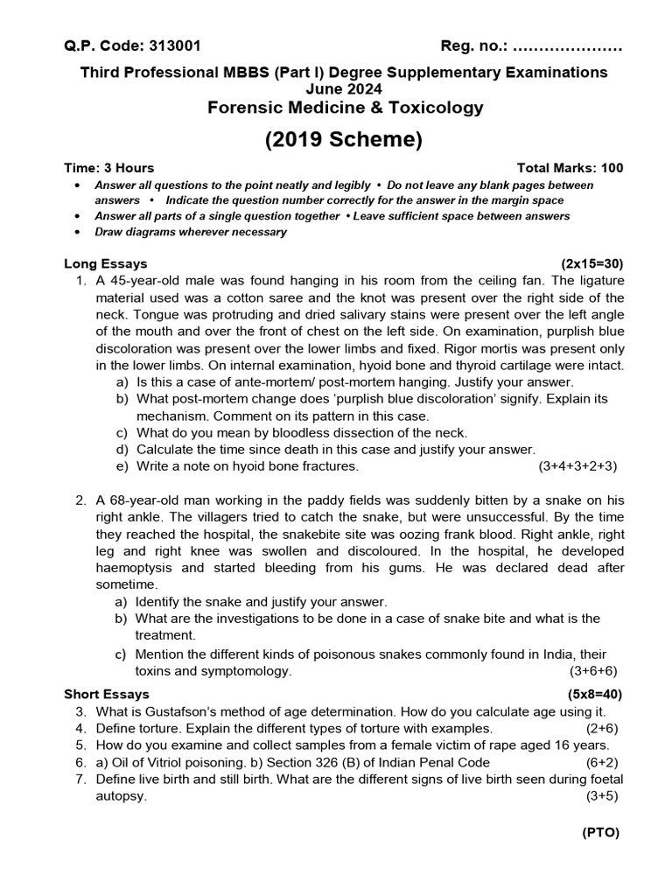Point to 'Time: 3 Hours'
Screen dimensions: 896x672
click(109, 168)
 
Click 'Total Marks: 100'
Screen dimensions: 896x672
click(570, 168)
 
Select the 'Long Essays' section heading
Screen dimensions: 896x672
click(106, 263)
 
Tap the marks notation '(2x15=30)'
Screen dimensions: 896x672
click(592, 263)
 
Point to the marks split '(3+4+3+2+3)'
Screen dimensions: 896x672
click(577, 466)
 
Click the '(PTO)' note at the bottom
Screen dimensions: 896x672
click(600, 833)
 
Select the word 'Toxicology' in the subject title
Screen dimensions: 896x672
click(434, 108)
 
